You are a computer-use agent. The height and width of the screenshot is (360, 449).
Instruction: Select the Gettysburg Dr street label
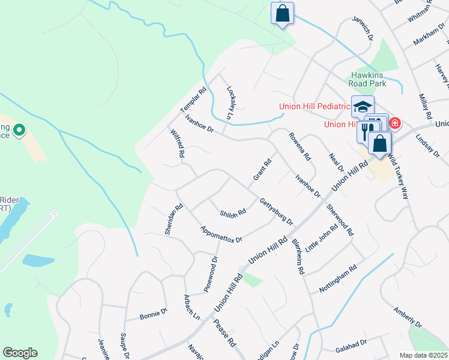click(x=276, y=211)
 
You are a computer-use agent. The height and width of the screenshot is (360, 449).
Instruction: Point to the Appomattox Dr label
click(x=221, y=234)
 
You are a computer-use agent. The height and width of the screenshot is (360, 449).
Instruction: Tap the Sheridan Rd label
click(x=173, y=219)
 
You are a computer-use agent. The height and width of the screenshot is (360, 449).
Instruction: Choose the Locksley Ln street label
click(x=229, y=103)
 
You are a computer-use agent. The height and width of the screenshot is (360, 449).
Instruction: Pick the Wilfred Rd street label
click(x=177, y=143)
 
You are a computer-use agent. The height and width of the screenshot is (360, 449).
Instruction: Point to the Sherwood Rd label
click(x=340, y=219)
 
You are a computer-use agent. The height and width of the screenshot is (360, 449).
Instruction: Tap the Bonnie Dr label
click(x=153, y=314)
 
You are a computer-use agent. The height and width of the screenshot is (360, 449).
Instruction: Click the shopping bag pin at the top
click(x=282, y=13)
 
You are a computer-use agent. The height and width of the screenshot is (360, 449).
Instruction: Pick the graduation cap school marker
click(x=363, y=107)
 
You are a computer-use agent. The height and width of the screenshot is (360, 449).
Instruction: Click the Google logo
click(x=20, y=353)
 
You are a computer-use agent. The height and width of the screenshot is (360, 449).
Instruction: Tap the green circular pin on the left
click(x=19, y=129)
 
